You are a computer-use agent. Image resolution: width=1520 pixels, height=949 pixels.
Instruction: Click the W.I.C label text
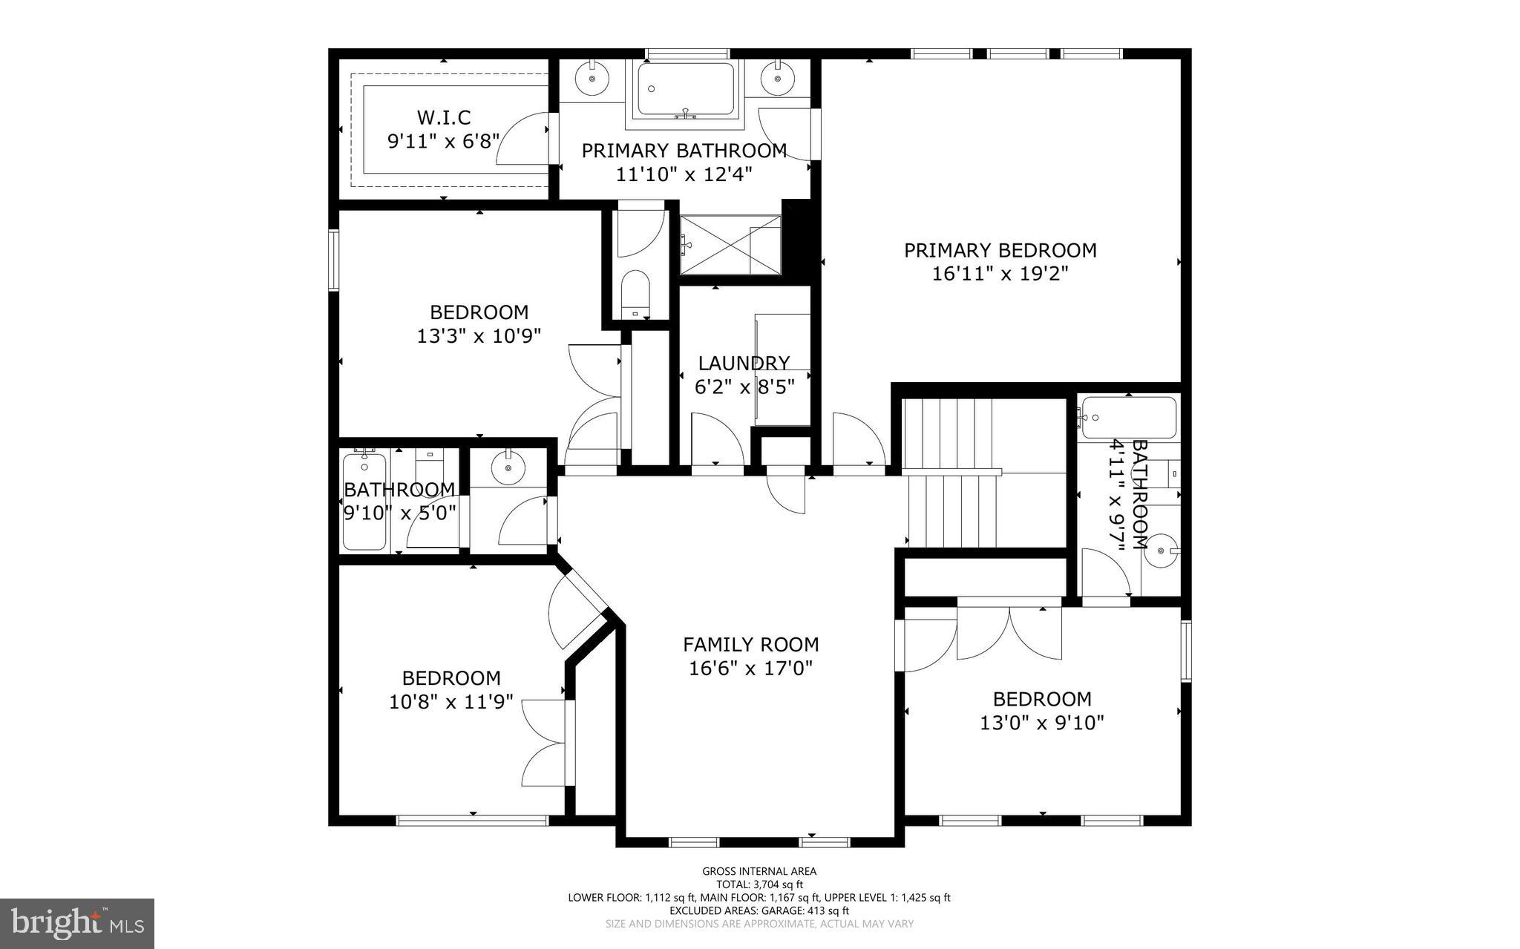(443, 117)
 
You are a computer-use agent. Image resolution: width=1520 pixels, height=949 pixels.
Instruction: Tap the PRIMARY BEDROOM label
(1000, 251)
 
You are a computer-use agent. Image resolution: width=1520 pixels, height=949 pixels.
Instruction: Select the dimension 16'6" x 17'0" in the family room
(750, 669)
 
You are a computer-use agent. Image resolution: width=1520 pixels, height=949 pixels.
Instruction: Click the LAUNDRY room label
(744, 363)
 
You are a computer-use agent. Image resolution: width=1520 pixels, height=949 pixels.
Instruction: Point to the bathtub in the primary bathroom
(685, 89)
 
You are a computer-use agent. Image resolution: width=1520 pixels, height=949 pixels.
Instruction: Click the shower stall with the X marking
(730, 245)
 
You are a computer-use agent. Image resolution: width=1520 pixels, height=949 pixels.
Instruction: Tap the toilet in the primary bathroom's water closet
(635, 292)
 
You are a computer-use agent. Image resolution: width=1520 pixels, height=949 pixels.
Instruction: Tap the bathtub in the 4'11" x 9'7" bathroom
(1129, 418)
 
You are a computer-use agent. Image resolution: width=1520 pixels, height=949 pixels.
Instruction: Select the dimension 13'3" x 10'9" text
(479, 336)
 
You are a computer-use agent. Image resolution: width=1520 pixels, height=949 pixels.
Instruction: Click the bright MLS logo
(76, 923)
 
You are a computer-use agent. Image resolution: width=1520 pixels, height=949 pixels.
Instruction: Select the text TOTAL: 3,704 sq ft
(759, 884)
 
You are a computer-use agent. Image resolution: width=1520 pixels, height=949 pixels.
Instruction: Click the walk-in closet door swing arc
(523, 139)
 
